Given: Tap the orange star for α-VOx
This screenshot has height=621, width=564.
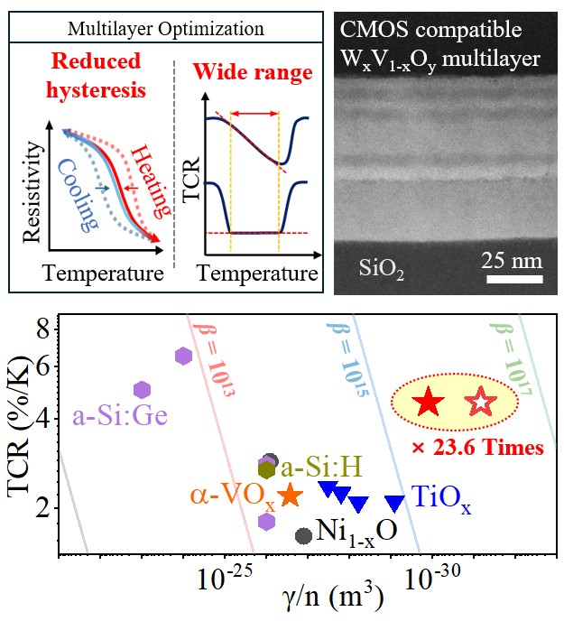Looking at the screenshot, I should point(290,496).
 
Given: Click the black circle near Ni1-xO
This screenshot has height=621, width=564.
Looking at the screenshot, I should point(304,535).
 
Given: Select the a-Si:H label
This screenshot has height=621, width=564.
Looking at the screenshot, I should point(322,467).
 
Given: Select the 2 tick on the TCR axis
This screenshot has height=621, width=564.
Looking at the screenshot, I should point(42,508).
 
